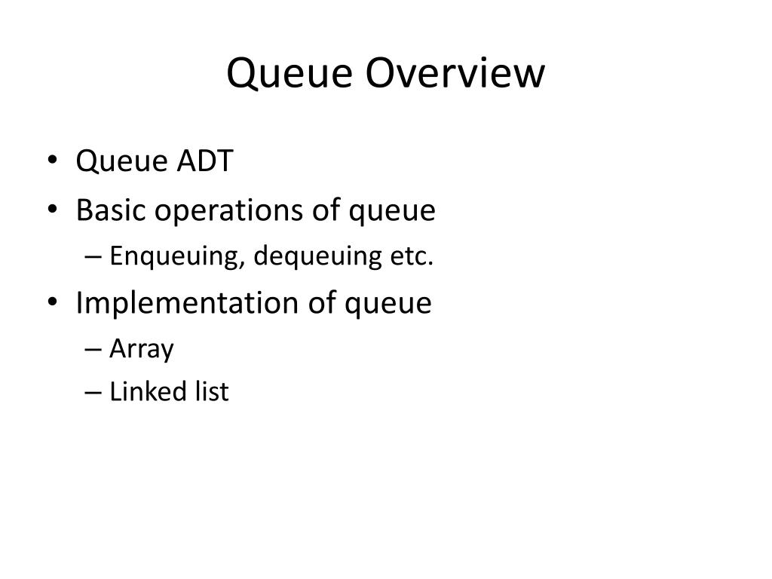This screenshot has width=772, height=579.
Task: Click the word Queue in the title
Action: [x=289, y=74]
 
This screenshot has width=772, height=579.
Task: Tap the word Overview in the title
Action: [x=455, y=72]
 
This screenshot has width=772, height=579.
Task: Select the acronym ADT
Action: [x=205, y=161]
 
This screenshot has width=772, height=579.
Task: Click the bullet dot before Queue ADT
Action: [x=53, y=161]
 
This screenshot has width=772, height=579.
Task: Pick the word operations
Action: [x=229, y=211]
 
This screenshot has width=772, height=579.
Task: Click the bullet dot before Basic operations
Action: [x=53, y=210]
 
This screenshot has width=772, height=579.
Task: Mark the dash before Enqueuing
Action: [x=93, y=256]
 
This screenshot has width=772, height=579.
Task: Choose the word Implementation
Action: [x=187, y=303]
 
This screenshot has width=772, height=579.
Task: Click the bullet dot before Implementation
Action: [x=53, y=302]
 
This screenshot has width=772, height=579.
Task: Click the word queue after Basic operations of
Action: [x=392, y=213]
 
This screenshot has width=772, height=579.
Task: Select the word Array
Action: [x=141, y=349]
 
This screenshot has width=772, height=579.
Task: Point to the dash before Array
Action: [x=93, y=349]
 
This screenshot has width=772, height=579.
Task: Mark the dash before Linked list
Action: [x=93, y=392]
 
